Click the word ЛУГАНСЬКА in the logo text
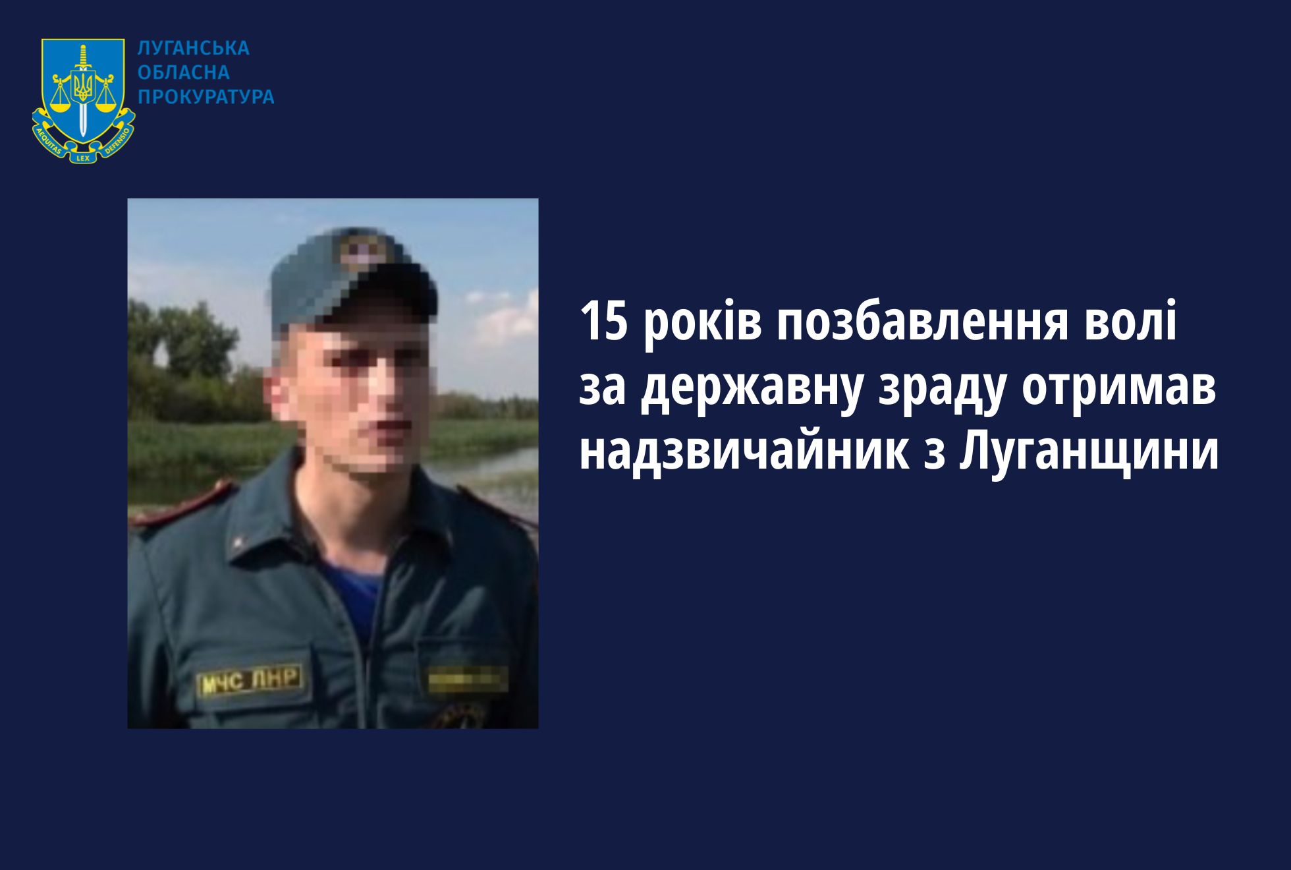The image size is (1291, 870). pos(194,48)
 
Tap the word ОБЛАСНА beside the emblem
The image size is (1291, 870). pos(184,72)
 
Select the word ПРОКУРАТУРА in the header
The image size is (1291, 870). pos(206,97)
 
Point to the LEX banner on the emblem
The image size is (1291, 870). pos(83,158)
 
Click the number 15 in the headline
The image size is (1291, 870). pos(604,321)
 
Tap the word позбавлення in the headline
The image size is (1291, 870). pos(923,321)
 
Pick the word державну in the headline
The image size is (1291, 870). pos(752,390)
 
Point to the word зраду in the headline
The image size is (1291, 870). pos(942,390)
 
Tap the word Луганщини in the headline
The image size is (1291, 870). pos(1089,453)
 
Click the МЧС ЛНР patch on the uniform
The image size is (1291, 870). pos(250,681)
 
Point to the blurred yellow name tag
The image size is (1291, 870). pos(468,679)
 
